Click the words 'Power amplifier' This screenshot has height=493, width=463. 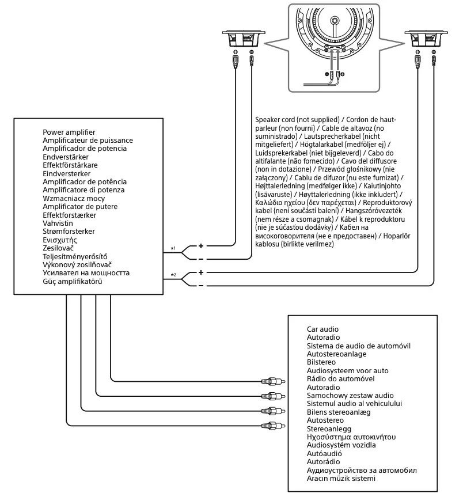pyautogui.click(x=69, y=132)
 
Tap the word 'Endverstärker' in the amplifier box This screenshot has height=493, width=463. pyautogui.click(x=64, y=157)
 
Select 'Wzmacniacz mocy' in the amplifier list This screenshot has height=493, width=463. pyautogui.click(x=71, y=198)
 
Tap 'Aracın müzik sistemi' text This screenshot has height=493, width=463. pyautogui.click(x=341, y=479)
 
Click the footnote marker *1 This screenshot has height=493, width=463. pyautogui.click(x=173, y=248)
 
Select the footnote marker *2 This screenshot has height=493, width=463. pyautogui.click(x=173, y=275)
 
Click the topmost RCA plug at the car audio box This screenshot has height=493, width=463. pyautogui.click(x=271, y=381)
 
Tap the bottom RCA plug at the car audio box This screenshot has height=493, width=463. pyautogui.click(x=271, y=424)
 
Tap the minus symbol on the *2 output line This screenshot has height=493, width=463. pyautogui.click(x=201, y=286)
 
